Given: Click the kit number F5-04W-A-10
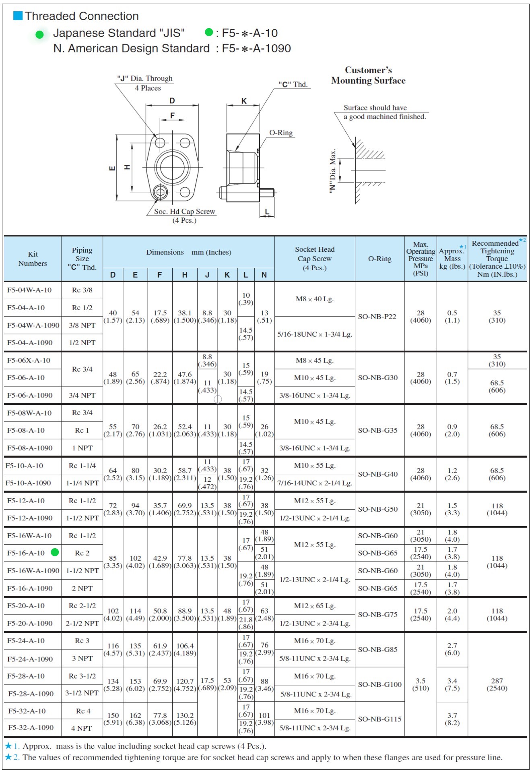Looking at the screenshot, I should point(29,290).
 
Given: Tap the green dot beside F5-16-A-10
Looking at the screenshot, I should point(55,552).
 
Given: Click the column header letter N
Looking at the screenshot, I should point(264,275).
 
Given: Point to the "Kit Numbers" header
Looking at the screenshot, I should point(33,259).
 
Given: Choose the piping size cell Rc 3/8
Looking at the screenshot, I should point(82,290).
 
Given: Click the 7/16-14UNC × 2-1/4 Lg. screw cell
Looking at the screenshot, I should point(315,483).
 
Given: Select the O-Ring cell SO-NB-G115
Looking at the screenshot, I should point(379,719).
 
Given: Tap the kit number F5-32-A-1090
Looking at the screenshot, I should point(31,728).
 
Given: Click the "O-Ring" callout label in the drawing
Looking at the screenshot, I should point(281,133).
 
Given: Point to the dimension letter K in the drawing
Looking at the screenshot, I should point(244,101).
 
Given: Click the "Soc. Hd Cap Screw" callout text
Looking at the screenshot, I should point(184,211).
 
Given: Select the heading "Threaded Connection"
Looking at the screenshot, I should point(82,16).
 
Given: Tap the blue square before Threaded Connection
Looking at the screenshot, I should point(18,16).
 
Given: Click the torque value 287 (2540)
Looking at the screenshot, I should point(497,684).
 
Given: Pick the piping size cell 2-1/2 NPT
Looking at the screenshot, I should point(82,623).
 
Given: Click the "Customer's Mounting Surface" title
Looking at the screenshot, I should point(368,75).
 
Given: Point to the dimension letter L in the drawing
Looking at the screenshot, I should point(267,212).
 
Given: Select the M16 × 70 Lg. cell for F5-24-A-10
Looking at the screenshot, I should point(315,641).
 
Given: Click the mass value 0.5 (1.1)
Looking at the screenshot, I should point(452,317).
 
